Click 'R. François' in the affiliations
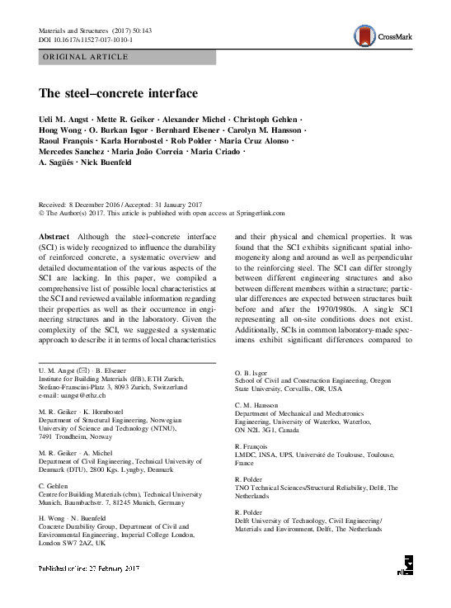tap(254, 445)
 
